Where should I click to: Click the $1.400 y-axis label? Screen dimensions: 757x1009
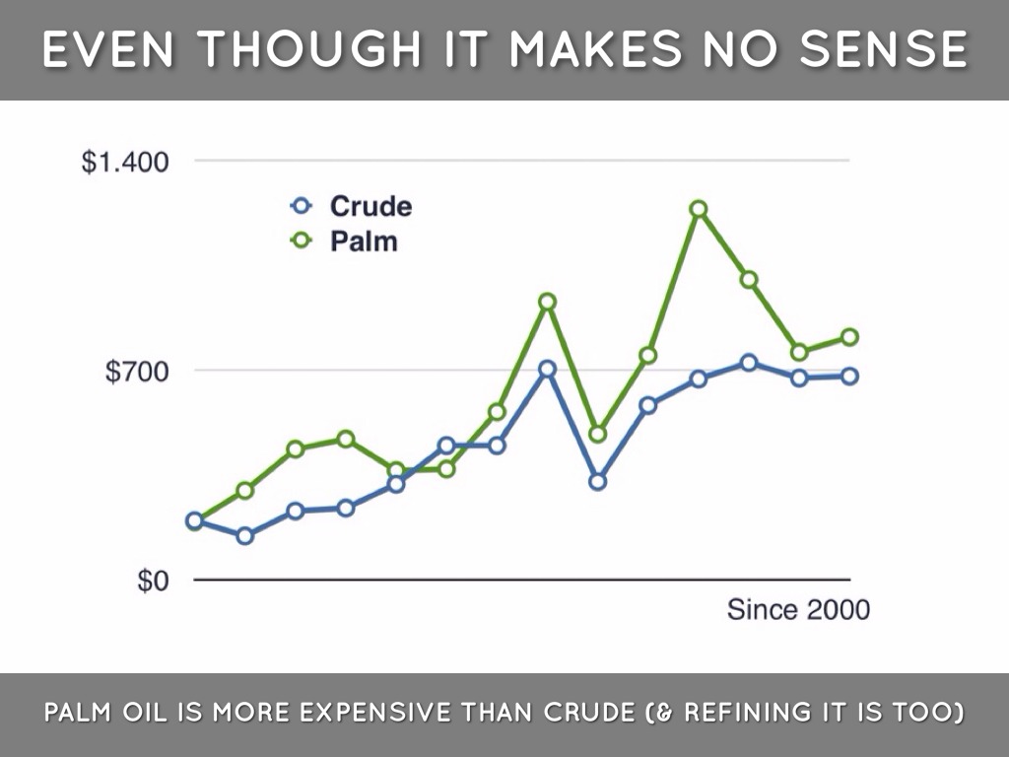coord(124,161)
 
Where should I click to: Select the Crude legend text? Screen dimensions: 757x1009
coord(370,206)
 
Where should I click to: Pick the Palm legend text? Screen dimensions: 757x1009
coord(364,241)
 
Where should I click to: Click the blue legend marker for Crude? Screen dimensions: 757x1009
coord(303,206)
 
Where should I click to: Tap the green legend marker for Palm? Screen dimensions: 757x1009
coord(303,241)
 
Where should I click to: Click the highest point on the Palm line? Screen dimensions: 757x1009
coord(699,209)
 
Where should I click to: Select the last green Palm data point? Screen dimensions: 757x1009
coord(849,337)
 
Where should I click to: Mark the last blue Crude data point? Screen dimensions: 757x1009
coord(849,376)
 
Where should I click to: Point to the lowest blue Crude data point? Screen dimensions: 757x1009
coord(244,535)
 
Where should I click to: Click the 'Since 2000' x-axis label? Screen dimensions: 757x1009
coord(798,610)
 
